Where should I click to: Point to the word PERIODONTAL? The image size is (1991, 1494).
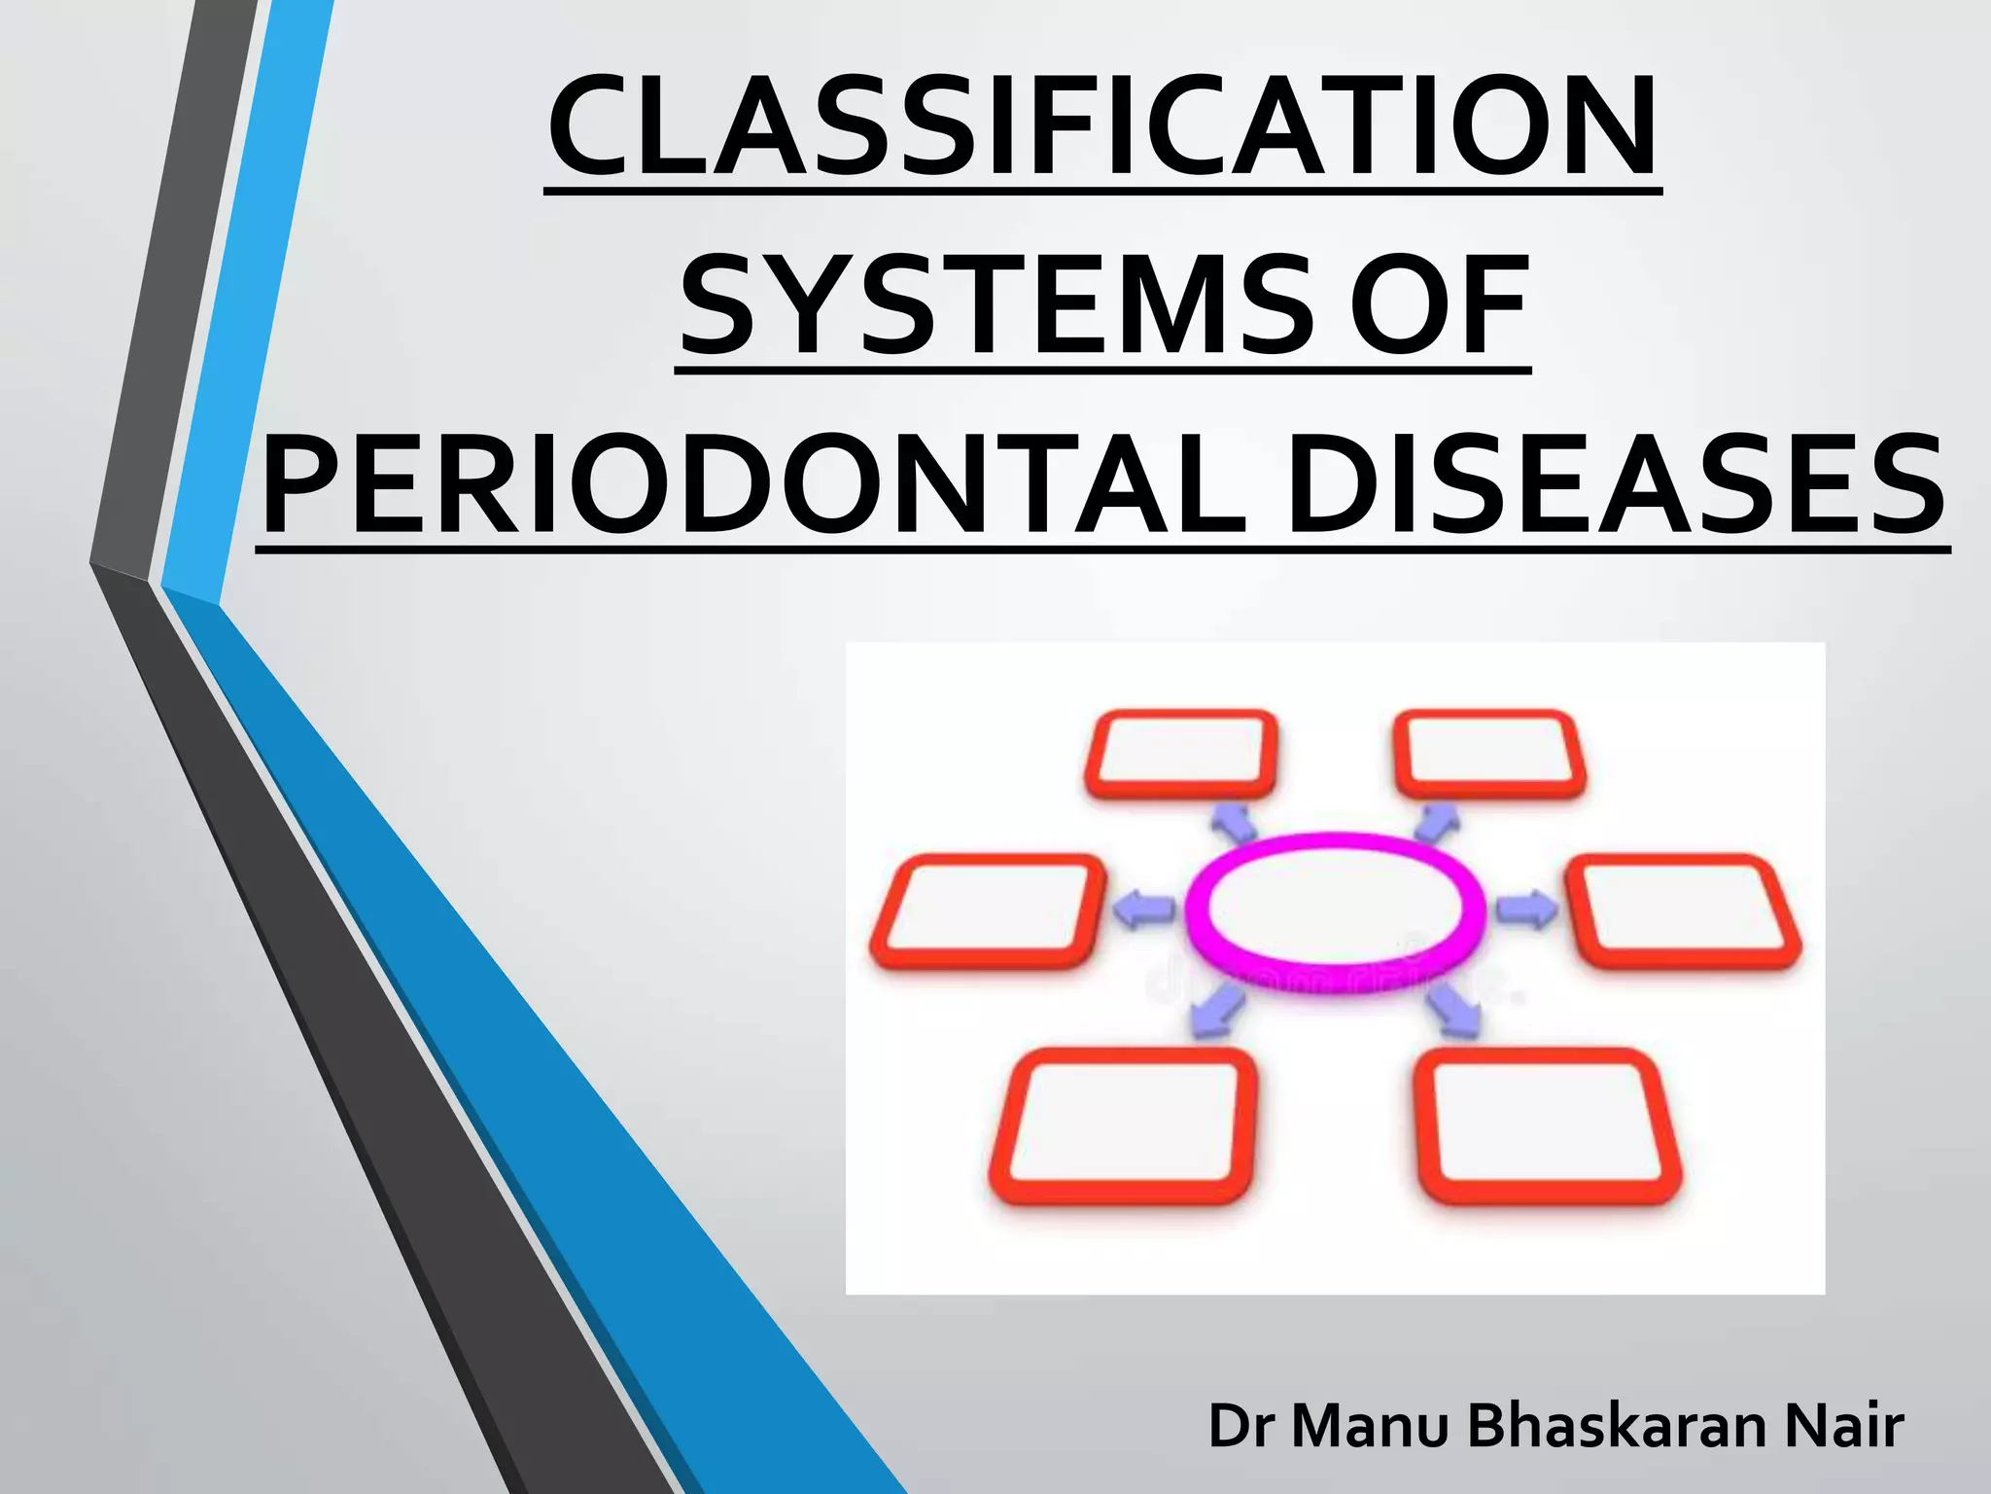pos(754,485)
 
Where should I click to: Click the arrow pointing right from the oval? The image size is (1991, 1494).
pos(1526,909)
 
